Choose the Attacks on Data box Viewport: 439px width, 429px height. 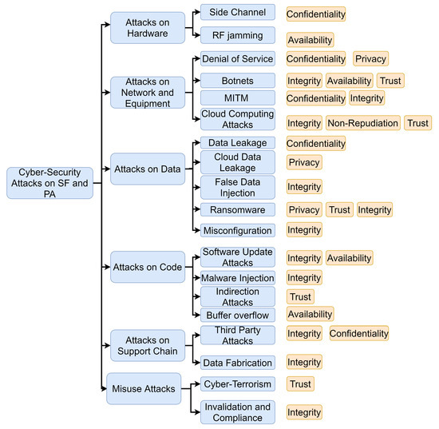(x=148, y=169)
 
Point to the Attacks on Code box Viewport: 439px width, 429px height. (x=148, y=266)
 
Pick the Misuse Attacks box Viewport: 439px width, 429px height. (x=143, y=389)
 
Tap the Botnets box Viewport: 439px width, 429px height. (x=237, y=80)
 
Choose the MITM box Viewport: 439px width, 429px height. (x=237, y=97)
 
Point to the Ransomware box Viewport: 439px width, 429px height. (x=237, y=209)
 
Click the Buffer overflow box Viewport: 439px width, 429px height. (x=237, y=314)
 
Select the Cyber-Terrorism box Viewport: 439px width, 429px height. (x=237, y=384)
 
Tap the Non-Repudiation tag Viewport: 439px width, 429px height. (x=362, y=123)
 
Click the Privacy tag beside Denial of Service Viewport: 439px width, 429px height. (x=370, y=58)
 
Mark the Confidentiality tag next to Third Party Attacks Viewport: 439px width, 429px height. (x=358, y=333)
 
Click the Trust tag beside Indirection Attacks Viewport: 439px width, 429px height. (x=299, y=296)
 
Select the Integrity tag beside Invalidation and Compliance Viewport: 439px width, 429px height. (x=304, y=412)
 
